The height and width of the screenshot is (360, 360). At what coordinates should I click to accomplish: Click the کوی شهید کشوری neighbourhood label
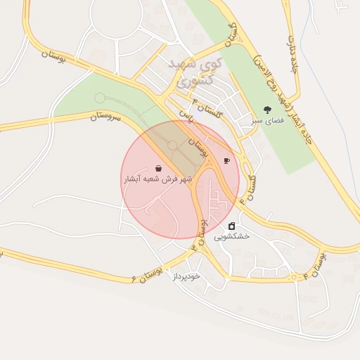coord(196,72)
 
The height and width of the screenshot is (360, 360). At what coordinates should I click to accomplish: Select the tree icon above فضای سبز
coord(267,109)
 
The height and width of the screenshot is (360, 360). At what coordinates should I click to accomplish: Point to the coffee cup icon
coord(226,161)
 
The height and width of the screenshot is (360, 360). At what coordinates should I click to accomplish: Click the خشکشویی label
coord(232,237)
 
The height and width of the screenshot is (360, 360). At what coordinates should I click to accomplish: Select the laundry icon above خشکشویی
coord(232,226)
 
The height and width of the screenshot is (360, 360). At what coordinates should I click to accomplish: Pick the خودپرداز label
coord(186,276)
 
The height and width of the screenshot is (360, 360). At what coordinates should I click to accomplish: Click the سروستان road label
coord(105,117)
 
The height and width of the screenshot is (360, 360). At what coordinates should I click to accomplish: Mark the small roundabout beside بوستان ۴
coord(294,278)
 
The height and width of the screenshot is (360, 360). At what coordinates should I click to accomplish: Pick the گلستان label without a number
coord(228,31)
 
